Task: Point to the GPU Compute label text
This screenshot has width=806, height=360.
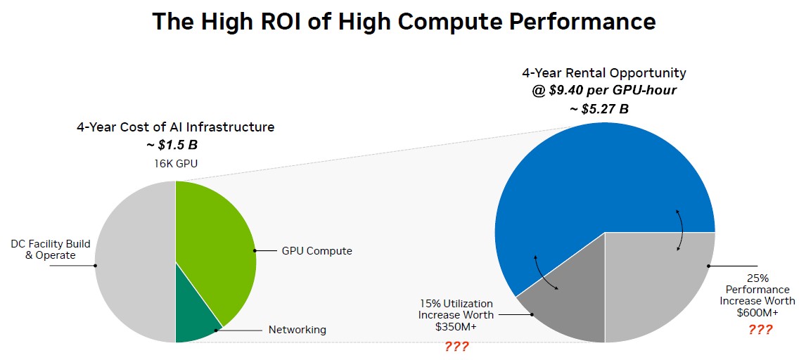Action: coord(316,251)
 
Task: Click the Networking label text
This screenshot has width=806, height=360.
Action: coord(298,330)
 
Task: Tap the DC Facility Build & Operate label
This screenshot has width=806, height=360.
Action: coord(51,250)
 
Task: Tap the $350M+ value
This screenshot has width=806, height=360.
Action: coord(456,326)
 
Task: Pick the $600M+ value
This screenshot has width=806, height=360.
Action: coord(757,312)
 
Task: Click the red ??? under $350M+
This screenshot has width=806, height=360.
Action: coord(456,346)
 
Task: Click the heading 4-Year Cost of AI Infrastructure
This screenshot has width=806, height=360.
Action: coord(176,127)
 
